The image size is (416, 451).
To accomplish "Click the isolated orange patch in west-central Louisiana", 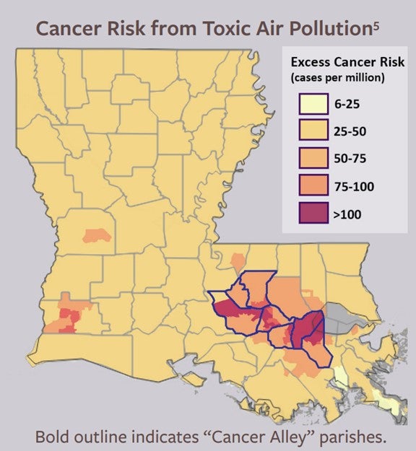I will pyautogui.click(x=96, y=235).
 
